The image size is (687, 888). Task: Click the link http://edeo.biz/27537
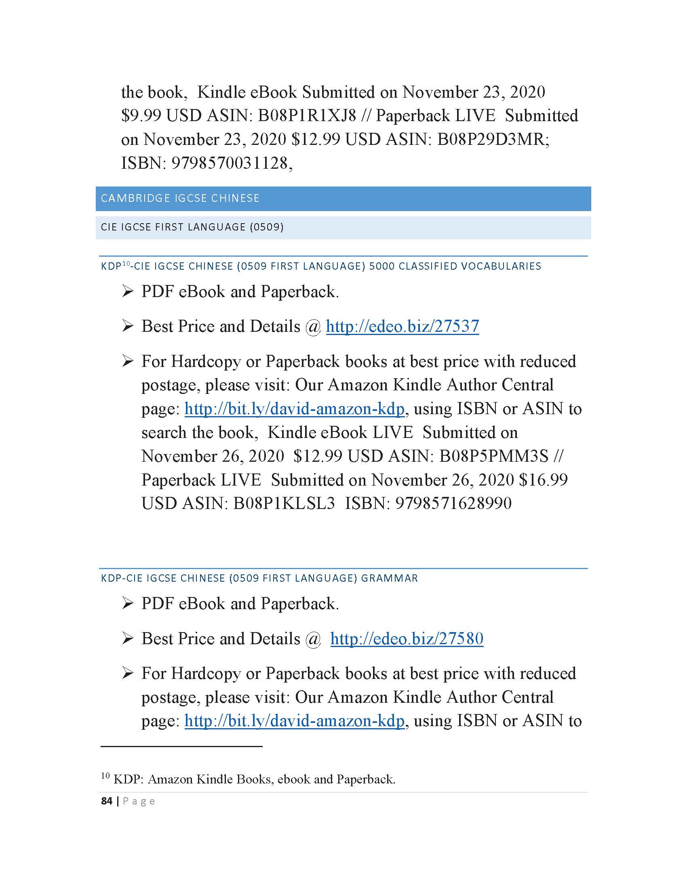pyautogui.click(x=402, y=327)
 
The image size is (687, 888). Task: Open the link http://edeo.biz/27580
pyautogui.click(x=407, y=639)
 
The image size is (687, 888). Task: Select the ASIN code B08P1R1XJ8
pyautogui.click(x=307, y=116)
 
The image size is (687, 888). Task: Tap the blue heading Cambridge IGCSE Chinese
pyautogui.click(x=180, y=199)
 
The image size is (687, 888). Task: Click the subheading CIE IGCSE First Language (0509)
pyautogui.click(x=192, y=227)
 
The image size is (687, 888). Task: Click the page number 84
pyautogui.click(x=107, y=801)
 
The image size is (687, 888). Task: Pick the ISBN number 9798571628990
pyautogui.click(x=453, y=503)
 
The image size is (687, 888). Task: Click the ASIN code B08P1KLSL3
pyautogui.click(x=284, y=503)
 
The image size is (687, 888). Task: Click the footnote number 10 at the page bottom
pyautogui.click(x=105, y=776)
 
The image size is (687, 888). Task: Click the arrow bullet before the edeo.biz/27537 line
pyautogui.click(x=127, y=326)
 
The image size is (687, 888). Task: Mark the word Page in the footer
pyautogui.click(x=139, y=801)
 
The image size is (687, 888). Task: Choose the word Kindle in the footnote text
pyautogui.click(x=215, y=779)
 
